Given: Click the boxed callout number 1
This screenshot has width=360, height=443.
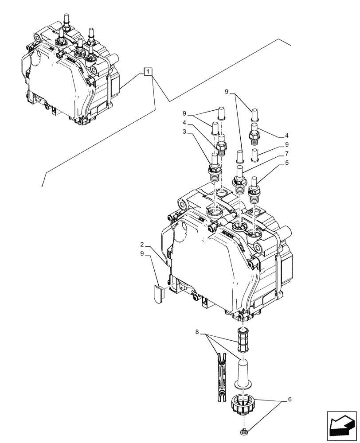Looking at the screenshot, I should click(148, 72).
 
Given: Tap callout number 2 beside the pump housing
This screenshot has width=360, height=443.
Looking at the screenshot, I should click(142, 245).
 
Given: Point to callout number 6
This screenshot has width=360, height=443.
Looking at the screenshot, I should click(290, 399).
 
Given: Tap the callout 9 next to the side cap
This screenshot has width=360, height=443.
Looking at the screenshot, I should click(142, 254).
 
